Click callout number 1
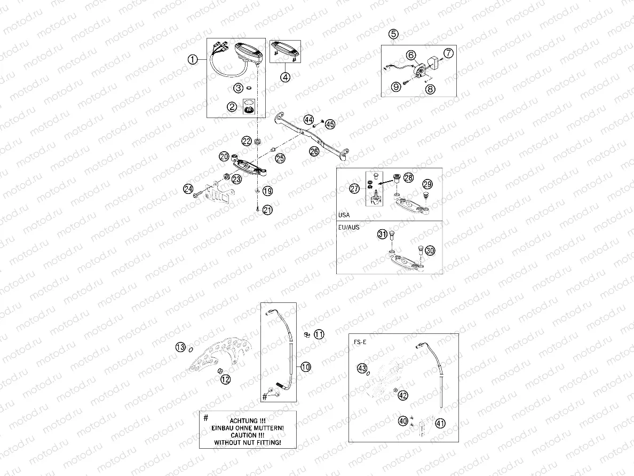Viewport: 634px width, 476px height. (x=193, y=60)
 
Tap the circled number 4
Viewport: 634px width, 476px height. (x=286, y=77)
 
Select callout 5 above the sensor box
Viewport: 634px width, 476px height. (x=393, y=34)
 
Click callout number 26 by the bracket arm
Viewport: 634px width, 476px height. (x=314, y=152)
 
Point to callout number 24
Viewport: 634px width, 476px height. (x=188, y=189)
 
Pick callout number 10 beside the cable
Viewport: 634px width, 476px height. (x=305, y=366)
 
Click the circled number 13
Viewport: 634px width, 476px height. (x=181, y=347)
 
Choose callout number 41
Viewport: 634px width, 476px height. (x=440, y=423)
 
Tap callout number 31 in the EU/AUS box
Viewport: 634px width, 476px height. (x=383, y=234)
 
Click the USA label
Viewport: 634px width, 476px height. (x=345, y=215)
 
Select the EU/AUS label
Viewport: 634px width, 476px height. (x=348, y=227)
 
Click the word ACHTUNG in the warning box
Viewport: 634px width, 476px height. (x=247, y=420)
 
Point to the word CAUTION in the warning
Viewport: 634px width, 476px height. (x=247, y=435)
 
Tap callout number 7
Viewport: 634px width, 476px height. (x=448, y=53)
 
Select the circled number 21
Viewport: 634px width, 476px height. (x=267, y=210)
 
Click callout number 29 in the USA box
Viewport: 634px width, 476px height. (x=427, y=184)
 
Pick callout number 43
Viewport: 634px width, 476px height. (x=362, y=368)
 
